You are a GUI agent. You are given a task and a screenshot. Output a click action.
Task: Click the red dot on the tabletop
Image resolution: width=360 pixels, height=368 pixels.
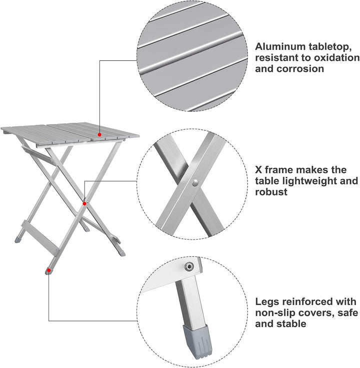[100, 134]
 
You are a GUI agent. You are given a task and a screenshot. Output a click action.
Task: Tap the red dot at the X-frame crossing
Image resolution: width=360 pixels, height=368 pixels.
[84, 203]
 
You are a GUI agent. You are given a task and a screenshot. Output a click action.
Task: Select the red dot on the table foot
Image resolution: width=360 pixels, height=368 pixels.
[48, 270]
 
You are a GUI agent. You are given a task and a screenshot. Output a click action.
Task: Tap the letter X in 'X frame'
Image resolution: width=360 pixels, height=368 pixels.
[259, 170]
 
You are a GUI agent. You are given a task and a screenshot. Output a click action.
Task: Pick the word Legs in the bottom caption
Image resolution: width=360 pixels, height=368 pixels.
[267, 302]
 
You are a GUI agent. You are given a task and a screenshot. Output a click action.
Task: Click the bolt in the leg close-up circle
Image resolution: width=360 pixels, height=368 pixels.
[189, 267]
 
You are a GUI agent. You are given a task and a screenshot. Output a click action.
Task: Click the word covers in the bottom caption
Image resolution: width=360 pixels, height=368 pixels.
[320, 313]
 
